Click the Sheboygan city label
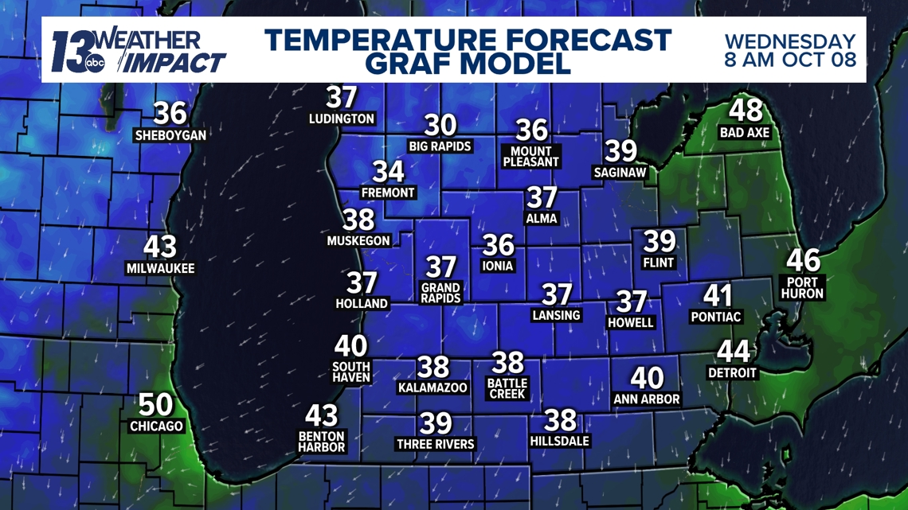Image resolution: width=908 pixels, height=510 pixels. [x=170, y=135]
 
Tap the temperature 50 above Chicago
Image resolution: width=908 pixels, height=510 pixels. [x=155, y=405]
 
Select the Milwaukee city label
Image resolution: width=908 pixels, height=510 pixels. [x=160, y=269]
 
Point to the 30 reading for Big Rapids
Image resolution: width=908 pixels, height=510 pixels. [x=440, y=125]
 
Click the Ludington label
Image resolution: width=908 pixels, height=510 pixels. [x=342, y=119]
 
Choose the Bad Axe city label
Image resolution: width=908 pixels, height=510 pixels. [x=745, y=133]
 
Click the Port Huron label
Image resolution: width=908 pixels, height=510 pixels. [x=803, y=288]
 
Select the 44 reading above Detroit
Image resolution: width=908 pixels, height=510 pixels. [x=733, y=351]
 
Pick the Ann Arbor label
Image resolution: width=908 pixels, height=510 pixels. [x=646, y=399]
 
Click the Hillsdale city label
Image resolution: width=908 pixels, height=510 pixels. [x=559, y=441]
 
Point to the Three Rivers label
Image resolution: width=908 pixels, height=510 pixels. [x=435, y=444]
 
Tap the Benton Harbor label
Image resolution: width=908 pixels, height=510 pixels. [x=322, y=442]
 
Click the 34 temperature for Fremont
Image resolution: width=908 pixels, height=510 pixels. [x=388, y=171]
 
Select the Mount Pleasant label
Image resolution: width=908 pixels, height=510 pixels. [x=531, y=157]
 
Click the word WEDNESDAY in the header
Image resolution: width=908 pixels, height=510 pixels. [x=789, y=41]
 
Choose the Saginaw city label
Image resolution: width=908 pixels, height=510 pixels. [x=620, y=173]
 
